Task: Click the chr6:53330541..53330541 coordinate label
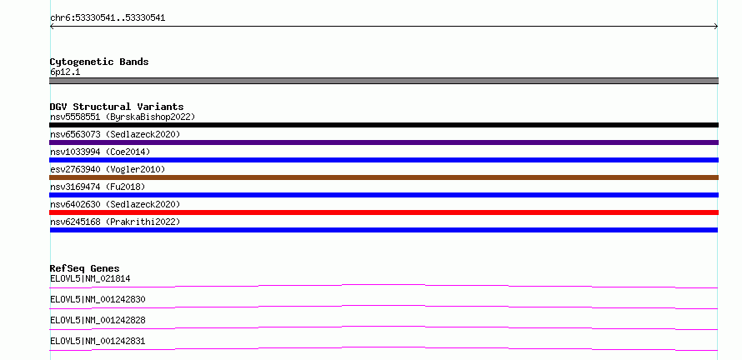[x=108, y=18]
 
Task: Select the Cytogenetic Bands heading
[x=99, y=62]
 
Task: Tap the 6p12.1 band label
[x=65, y=72]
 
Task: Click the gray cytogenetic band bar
[x=384, y=81]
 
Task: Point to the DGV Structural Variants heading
[x=117, y=107]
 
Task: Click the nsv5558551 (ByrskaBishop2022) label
[x=123, y=117]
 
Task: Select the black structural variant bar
[x=384, y=125]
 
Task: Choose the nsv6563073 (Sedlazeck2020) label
[x=115, y=134]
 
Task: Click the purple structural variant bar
[x=384, y=142]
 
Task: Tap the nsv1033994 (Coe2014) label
[x=100, y=152]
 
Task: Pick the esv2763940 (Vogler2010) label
[x=108, y=169]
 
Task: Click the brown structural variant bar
[x=384, y=177]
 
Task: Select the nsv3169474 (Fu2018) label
[x=98, y=187]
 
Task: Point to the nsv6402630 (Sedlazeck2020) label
[x=115, y=204]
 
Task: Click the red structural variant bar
[x=384, y=212]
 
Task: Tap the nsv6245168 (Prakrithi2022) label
[x=115, y=222]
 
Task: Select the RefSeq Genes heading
[x=85, y=268]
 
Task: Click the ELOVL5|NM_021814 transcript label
[x=90, y=279]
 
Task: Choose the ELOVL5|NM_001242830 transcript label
[x=98, y=300]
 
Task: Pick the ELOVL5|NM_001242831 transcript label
[x=98, y=342]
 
